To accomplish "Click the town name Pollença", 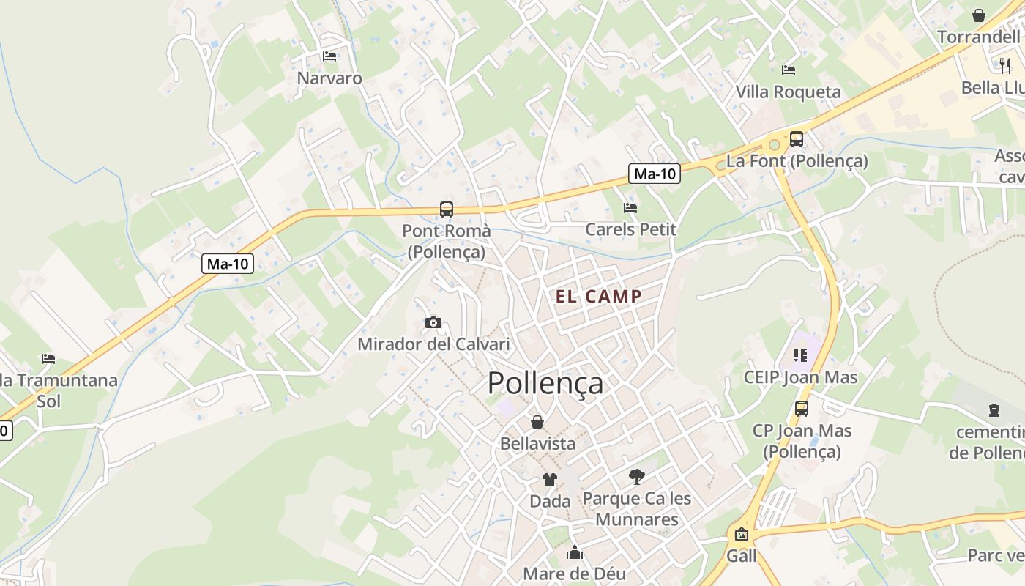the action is click(x=545, y=383).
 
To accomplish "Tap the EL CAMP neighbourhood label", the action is click(x=598, y=297).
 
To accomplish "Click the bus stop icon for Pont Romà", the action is click(x=447, y=209).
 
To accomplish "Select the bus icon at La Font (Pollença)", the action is click(x=797, y=138).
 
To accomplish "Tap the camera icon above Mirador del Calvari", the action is click(x=433, y=322).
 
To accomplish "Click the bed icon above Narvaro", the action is click(x=329, y=56).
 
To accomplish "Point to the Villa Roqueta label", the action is click(x=788, y=92).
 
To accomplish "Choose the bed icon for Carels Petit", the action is click(x=630, y=208).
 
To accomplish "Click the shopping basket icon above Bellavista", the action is click(x=537, y=422).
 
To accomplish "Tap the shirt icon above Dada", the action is click(x=550, y=480).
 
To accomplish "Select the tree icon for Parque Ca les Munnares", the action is click(x=637, y=477).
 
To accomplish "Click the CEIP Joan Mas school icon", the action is click(x=799, y=356).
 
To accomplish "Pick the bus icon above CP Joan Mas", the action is click(x=802, y=409).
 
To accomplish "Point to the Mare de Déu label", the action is click(x=575, y=574).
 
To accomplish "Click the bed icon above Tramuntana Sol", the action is click(x=48, y=359).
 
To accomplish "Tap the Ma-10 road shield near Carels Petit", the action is click(x=655, y=174).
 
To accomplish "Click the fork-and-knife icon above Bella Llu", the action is click(x=1005, y=65).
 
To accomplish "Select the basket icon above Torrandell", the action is click(x=979, y=15).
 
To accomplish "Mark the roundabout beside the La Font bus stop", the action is click(x=774, y=144).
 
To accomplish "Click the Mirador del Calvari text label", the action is click(x=433, y=344).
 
